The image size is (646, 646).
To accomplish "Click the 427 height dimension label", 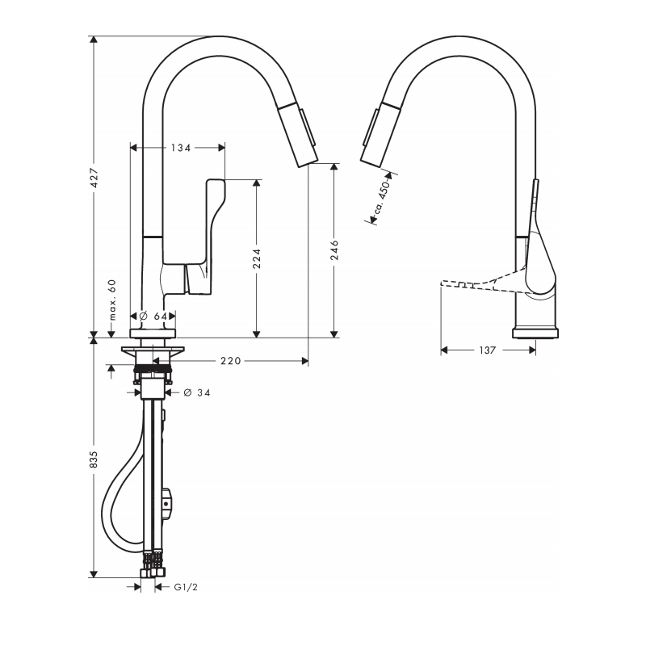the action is point(94,178).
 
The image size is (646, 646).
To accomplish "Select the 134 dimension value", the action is point(181,148).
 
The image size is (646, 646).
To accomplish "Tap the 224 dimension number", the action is point(257,258).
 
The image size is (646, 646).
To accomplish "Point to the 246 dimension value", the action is point(334,250).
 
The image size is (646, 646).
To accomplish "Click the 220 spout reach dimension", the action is point(231,361).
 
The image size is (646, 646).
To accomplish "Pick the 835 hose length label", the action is point(94,459).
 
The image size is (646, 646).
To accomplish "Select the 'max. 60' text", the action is point(112,300).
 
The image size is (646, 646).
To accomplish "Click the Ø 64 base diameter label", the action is point(153,316).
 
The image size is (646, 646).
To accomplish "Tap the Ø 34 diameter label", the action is point(197,392).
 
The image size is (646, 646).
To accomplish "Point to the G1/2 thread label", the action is point(186,587).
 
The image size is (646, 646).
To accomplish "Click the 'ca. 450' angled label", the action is point(381,197).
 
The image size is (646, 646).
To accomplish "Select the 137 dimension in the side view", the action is point(488,350).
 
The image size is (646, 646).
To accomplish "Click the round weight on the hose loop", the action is point(166,503).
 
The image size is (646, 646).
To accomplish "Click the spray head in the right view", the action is point(380,134).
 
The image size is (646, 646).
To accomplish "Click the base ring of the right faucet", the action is point(535,333).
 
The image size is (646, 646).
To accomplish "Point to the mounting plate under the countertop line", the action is point(153,350).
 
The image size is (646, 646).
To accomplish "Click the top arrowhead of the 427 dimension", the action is point(94,40).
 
